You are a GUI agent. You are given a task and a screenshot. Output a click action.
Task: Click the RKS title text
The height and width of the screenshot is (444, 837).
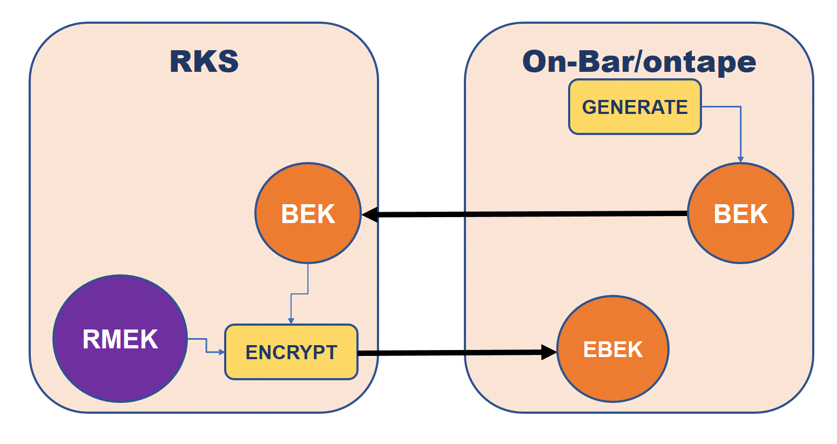204,61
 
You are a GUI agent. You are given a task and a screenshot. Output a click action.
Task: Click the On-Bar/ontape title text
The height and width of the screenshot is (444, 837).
639,62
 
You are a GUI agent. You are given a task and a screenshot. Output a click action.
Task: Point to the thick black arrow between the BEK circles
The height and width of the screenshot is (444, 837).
529,214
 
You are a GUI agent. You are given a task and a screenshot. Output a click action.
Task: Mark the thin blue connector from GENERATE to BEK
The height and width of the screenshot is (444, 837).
740,130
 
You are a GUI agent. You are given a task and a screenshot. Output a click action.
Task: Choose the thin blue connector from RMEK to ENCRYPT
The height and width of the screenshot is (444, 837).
206,346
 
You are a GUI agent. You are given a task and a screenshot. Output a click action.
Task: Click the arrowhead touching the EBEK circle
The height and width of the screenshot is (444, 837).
549,353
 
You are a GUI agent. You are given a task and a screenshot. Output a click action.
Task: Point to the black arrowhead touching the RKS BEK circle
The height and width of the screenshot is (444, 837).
370,215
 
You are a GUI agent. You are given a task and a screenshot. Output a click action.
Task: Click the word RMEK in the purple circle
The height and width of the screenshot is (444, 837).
120,339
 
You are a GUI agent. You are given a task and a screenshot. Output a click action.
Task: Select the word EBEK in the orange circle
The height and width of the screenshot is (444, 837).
612,349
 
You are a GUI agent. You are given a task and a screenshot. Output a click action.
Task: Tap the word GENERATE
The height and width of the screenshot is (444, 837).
634,107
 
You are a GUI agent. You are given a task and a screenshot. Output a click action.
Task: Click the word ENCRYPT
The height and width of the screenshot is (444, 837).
291,352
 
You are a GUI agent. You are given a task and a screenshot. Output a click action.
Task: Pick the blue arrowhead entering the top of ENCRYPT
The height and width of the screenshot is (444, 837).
291,321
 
